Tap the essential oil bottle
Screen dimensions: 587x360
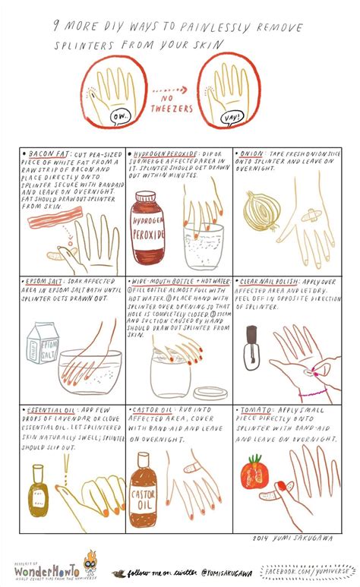39,491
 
